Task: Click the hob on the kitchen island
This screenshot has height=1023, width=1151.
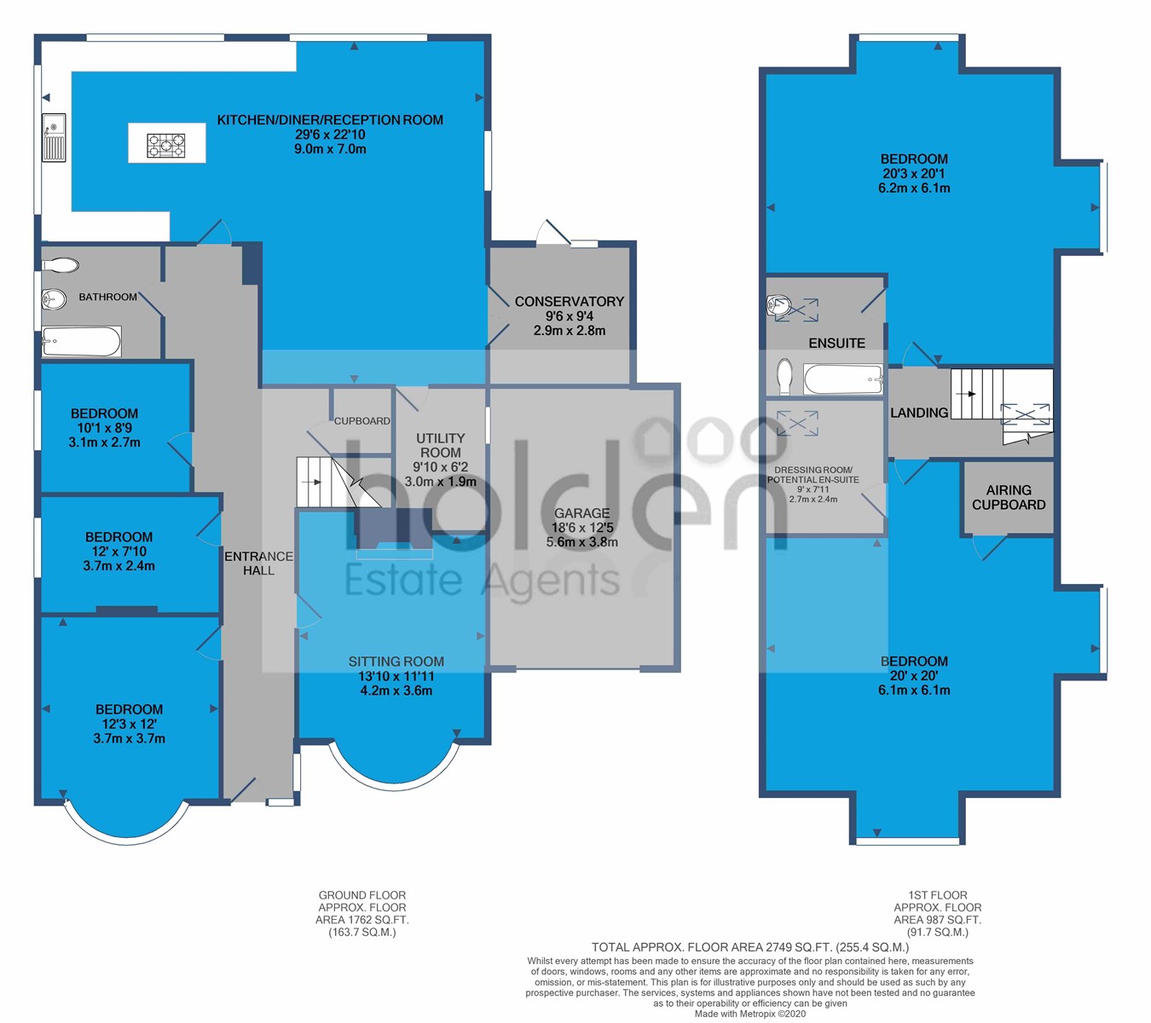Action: click(x=166, y=145)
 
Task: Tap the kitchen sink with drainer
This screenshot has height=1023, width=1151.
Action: click(x=54, y=137)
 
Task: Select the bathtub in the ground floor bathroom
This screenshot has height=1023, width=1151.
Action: click(x=81, y=341)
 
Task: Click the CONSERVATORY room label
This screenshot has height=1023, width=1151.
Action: click(x=570, y=302)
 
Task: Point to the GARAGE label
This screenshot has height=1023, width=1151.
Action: click(x=581, y=513)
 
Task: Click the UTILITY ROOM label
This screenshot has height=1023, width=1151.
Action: click(x=440, y=445)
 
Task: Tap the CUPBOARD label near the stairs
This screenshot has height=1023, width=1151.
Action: click(x=361, y=421)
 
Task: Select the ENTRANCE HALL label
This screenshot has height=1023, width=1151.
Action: click(x=258, y=564)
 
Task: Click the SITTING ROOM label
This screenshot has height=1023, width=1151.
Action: click(x=396, y=662)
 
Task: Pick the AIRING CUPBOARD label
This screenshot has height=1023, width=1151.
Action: click(x=1009, y=498)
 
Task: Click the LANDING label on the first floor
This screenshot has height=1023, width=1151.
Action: click(x=919, y=413)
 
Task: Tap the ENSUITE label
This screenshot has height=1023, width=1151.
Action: click(x=837, y=343)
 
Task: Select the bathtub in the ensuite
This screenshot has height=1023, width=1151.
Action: click(x=842, y=379)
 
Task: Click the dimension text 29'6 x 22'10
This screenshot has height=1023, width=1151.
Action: click(x=330, y=135)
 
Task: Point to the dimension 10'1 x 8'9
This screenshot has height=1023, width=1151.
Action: click(x=105, y=428)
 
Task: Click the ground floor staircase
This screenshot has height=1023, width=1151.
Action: click(x=338, y=483)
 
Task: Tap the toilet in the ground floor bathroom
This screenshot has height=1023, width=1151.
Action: click(x=61, y=264)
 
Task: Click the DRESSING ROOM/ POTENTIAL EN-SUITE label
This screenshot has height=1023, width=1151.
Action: click(x=813, y=475)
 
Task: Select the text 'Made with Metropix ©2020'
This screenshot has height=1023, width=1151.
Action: click(x=750, y=1014)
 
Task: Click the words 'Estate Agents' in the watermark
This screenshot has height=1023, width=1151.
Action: click(x=482, y=581)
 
